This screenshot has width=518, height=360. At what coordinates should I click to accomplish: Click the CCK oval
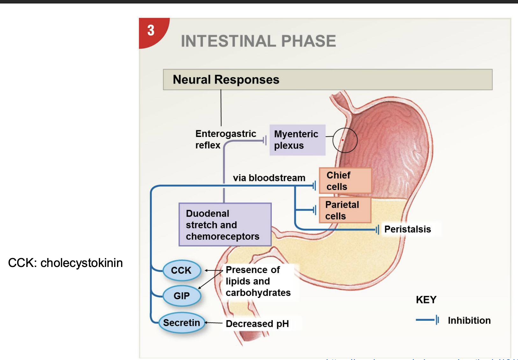(182, 270)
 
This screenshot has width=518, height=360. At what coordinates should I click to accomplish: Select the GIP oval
(182, 296)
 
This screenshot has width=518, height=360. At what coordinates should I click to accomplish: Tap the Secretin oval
(182, 323)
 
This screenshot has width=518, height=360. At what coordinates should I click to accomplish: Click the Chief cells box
(345, 181)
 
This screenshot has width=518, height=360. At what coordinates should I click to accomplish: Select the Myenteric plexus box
(297, 140)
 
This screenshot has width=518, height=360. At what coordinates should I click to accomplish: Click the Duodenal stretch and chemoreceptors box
(225, 225)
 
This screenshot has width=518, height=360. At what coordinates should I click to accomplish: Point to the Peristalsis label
(407, 229)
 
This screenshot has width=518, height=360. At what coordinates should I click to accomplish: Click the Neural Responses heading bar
(327, 80)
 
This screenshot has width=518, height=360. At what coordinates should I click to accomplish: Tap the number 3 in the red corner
(151, 31)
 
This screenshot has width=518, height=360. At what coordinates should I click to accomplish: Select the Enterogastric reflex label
(225, 139)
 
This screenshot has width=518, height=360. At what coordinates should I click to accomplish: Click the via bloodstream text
(269, 178)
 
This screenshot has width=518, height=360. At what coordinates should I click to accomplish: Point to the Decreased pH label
(257, 324)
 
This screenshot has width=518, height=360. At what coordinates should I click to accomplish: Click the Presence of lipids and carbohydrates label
(257, 281)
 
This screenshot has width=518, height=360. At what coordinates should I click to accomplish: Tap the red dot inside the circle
(343, 140)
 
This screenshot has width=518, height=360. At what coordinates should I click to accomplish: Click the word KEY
(426, 300)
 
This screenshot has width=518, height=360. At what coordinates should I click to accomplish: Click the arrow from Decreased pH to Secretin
(214, 323)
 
